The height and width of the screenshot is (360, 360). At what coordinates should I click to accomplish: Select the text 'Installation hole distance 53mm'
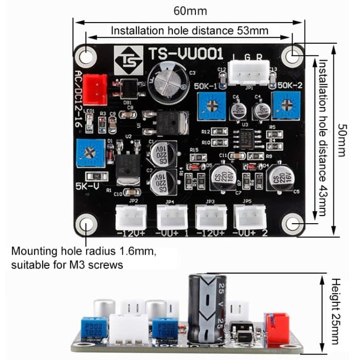point(189,30)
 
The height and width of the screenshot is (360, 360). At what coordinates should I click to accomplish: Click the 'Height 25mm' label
point(336,311)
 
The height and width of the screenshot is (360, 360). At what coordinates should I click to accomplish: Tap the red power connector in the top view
point(95,86)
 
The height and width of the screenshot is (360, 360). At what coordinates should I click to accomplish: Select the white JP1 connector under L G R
point(249,72)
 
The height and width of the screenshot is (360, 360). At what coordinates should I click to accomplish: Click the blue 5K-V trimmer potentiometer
point(91,153)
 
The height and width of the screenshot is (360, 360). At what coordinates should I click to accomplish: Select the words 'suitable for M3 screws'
point(67,265)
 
